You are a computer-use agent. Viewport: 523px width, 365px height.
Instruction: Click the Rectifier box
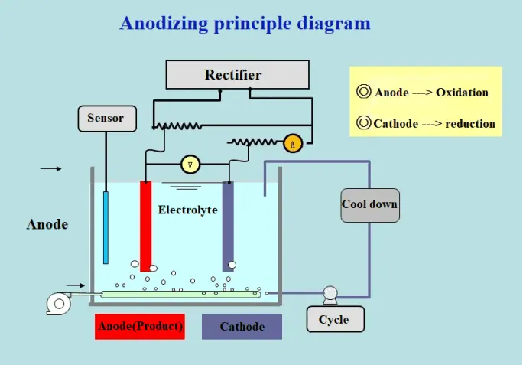click(237, 75)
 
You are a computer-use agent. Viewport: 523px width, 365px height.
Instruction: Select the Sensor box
click(106, 119)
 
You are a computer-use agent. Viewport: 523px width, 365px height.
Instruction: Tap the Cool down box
click(369, 204)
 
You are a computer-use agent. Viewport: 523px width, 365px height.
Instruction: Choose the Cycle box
click(335, 319)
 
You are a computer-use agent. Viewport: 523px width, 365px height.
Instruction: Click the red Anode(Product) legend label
click(140, 327)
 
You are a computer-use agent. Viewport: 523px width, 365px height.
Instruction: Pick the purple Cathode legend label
click(242, 327)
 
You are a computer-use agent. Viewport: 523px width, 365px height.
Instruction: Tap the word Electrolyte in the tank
click(188, 210)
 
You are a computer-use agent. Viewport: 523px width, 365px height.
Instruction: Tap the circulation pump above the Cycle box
click(330, 293)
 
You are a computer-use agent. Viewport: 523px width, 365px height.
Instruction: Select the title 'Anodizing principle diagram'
click(245, 23)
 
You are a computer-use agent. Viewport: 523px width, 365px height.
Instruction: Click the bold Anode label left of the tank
click(47, 224)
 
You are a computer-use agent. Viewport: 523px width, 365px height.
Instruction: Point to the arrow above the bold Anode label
click(51, 168)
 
